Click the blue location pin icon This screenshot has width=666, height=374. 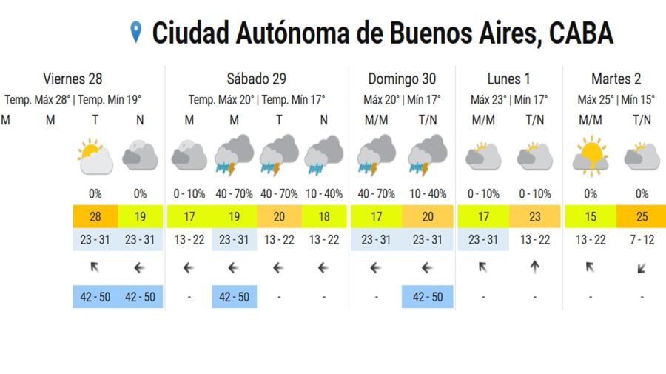pos(135,32)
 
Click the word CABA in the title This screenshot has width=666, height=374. pos(582,33)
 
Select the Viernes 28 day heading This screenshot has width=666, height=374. pos(73,79)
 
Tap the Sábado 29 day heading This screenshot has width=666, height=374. pos(256,79)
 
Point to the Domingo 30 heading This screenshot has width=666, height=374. pos(402,79)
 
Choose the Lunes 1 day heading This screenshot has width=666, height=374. pos(509,79)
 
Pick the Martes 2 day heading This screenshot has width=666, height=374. pos(616,79)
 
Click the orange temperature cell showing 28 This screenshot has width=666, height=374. pos(95,218)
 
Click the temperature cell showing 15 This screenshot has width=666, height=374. pos(590,218)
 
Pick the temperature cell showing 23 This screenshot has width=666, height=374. pos(534,218)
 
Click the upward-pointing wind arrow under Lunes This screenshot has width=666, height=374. pos(534,268)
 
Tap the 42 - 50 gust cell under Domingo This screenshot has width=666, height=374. pos(427,297)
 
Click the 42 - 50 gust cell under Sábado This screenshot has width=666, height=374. pos(234,297)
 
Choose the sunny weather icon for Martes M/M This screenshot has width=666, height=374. pos(590,156)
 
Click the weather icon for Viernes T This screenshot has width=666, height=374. pos(95,156)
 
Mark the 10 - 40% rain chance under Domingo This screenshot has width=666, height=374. pos(427,194)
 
